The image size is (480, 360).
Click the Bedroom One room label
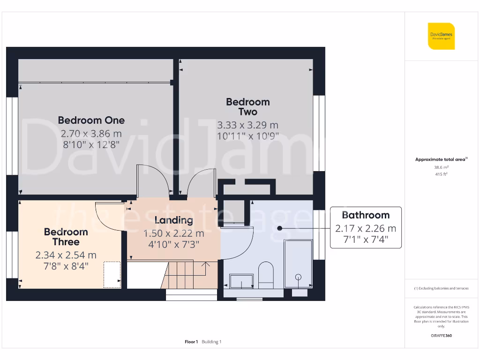91,120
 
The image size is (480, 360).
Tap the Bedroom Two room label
247,106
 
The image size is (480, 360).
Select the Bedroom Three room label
66,237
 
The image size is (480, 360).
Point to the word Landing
173,220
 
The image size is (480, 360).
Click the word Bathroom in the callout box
366,215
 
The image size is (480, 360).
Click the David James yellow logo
441,36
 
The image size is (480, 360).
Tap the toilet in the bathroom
266,274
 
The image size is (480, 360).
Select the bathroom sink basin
241,281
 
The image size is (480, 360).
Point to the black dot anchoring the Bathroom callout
279,228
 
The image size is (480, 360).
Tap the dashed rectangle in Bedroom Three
112,274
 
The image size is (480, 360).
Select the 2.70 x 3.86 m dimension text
91,133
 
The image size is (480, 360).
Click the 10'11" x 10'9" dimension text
247,136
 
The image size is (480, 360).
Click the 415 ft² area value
441,174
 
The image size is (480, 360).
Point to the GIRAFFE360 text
441,336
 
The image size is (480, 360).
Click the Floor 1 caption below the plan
191,342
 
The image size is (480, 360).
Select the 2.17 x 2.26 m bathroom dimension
366,228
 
